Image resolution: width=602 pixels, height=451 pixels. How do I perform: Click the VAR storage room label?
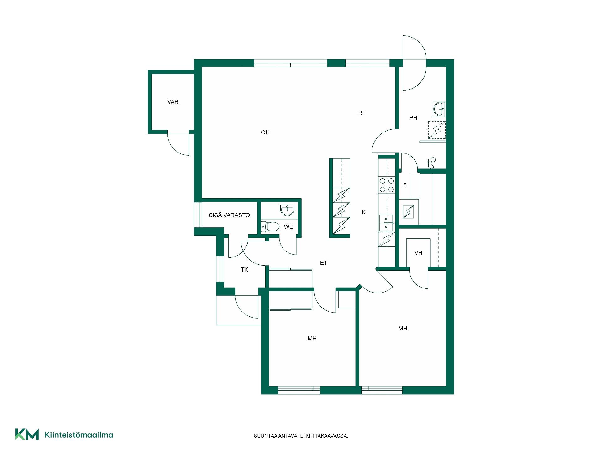tap(173, 102)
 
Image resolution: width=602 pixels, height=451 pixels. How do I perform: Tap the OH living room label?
tap(265, 132)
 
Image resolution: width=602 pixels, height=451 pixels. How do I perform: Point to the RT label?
tap(362, 113)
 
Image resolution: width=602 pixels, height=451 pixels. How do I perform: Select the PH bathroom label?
tap(413, 118)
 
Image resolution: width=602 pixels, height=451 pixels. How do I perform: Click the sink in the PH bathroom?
tap(439, 109)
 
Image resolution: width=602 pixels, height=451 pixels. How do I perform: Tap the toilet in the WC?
tap(270, 226)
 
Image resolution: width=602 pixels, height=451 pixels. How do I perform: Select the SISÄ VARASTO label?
tap(229, 215)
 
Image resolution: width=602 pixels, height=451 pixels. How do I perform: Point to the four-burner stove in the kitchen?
tap(387, 185)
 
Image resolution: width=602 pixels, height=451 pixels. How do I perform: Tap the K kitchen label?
tap(364, 212)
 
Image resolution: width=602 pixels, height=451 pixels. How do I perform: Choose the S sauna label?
tap(405, 185)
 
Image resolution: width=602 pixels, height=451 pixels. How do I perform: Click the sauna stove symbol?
tap(408, 212)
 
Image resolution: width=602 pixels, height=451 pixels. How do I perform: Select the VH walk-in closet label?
tap(418, 253)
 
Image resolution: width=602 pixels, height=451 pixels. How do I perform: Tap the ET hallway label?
tap(324, 263)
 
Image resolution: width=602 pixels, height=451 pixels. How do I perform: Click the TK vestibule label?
tap(245, 270)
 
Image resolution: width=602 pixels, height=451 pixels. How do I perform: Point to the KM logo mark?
tap(27, 434)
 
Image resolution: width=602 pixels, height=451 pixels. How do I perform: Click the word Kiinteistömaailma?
tap(79, 435)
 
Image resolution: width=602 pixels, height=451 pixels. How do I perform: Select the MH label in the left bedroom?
tap(312, 339)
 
